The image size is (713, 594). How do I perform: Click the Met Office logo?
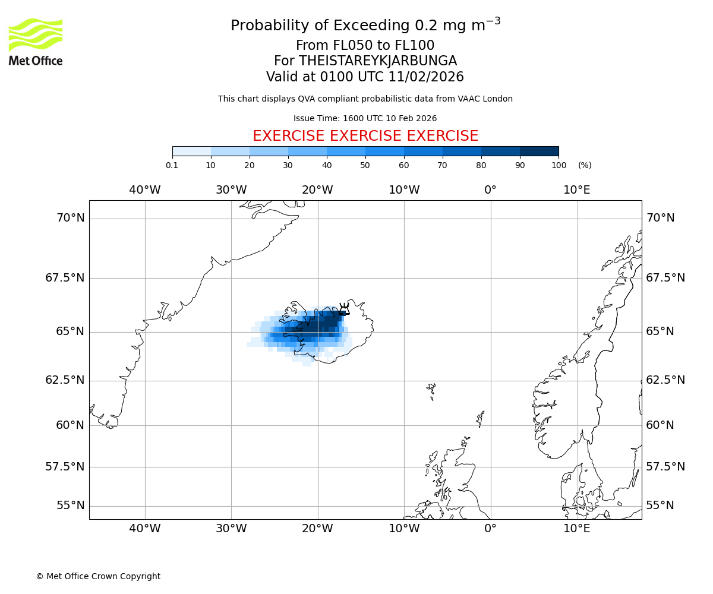coord(36,42)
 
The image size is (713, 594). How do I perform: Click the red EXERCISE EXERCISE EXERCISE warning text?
coord(365,136)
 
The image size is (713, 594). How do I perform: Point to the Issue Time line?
coord(365,118)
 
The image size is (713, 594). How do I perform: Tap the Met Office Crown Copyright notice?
coord(98,576)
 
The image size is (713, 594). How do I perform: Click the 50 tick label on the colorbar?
coord(365,165)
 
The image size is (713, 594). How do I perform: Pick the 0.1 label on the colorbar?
coord(172,165)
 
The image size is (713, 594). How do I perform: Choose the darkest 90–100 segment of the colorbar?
coord(539,151)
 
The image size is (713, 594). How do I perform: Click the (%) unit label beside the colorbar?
coord(585,165)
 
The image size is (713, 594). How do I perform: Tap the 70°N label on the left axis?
coord(71,218)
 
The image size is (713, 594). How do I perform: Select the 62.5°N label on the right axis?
coord(665,380)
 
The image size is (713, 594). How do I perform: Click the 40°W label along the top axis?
coord(145,190)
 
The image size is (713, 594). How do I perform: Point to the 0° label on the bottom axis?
coord(490,529)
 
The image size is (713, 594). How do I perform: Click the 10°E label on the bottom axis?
coord(577,529)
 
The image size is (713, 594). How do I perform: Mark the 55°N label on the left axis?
coord(71,505)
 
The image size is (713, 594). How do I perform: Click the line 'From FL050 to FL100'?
coord(365,46)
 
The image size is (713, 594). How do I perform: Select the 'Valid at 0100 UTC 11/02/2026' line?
coord(365,77)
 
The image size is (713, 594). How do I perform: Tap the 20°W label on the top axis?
coord(317,190)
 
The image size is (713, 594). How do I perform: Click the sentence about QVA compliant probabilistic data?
coord(365,99)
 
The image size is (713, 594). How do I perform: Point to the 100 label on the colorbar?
coord(559,165)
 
